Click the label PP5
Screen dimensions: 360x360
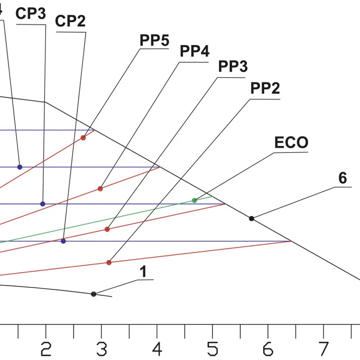coord(154,40)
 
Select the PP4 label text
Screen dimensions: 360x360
coord(194,51)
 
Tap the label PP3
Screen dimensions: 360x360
coord(233,67)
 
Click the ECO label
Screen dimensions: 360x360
coord(292,143)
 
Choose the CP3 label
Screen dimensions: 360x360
coord(31,13)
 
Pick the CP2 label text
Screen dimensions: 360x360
coord(70,21)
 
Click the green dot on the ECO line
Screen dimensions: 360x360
coord(194,200)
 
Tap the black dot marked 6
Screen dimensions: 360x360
coord(252,219)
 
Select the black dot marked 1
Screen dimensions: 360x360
coord(94,294)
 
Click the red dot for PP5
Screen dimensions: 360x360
coord(83,138)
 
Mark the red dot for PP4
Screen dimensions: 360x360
coord(100,189)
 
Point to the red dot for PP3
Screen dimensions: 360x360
coord(107,229)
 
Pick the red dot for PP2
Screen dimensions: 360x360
coord(109,262)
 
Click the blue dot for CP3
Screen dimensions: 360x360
coord(43,204)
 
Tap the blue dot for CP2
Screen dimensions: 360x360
coord(63,241)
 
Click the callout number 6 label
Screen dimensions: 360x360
coord(342,179)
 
